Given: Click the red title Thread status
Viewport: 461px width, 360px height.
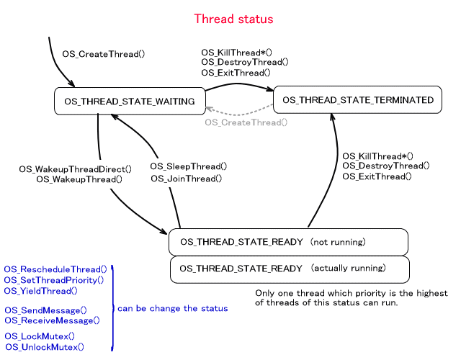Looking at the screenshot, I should coord(234,19).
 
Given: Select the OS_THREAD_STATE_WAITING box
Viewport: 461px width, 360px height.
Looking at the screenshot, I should coord(129,102).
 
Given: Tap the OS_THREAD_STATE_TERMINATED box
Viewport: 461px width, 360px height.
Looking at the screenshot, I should coord(357,100).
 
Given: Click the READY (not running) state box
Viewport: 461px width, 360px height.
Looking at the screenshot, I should coord(288,242).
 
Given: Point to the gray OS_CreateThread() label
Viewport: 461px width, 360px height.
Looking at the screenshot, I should coord(246,122).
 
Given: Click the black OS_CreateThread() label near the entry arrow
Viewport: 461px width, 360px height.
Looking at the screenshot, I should coord(104,54).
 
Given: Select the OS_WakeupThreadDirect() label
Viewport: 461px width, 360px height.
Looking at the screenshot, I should coord(76,169).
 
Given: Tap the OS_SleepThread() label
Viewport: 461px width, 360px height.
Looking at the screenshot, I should coord(188,166).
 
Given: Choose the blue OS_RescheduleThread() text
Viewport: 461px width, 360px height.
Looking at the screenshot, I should coord(55,269).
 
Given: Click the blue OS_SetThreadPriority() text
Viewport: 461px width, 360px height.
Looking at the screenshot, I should coord(54,280).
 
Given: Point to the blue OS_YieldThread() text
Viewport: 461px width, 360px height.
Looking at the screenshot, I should coord(40,291).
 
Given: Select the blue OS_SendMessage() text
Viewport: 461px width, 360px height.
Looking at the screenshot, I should coord(45,310).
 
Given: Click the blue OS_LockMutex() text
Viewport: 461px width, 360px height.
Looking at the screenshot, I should coord(40,336).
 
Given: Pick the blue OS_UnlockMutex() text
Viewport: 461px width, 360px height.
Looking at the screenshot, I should coord(44,347).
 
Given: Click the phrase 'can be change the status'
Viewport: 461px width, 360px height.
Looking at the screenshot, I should coord(172,308).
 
